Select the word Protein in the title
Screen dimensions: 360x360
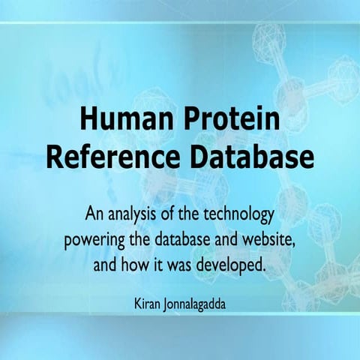(x=228, y=120)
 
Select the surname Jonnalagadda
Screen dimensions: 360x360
(x=197, y=305)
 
